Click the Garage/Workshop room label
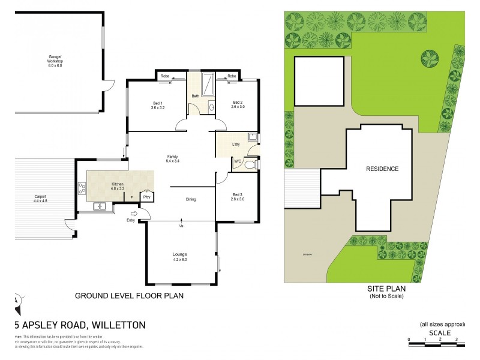(x=56, y=59)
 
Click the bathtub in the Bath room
(x=208, y=84)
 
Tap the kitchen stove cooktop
(x=82, y=189)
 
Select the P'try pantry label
(x=145, y=197)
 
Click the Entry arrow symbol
(x=134, y=214)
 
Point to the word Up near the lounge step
(x=181, y=226)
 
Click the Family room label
(x=173, y=159)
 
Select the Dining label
(x=191, y=199)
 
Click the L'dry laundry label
(x=236, y=146)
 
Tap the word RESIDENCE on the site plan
(x=382, y=169)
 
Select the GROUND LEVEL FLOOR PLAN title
(x=129, y=296)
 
